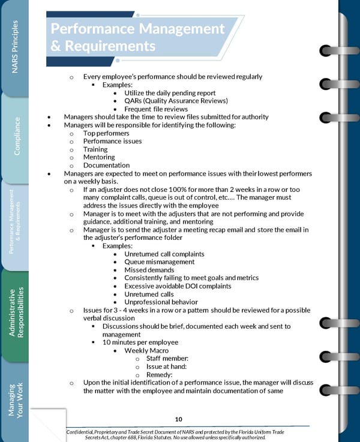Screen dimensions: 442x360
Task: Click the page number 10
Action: [x=179, y=419]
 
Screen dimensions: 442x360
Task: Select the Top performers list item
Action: [x=106, y=133]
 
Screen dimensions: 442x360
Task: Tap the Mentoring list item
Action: [x=98, y=157]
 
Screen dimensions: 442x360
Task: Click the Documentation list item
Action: [x=106, y=166]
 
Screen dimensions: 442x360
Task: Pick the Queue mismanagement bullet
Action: [x=159, y=261]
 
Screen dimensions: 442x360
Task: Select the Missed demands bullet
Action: [x=149, y=270]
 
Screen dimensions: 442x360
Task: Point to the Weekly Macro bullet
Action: [x=146, y=350]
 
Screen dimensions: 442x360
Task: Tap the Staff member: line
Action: [x=167, y=359]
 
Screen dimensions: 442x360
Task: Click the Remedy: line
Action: [x=159, y=375]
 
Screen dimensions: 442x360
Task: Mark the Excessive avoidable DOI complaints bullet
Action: [x=177, y=286]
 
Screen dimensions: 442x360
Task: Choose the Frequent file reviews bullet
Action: [x=155, y=109]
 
